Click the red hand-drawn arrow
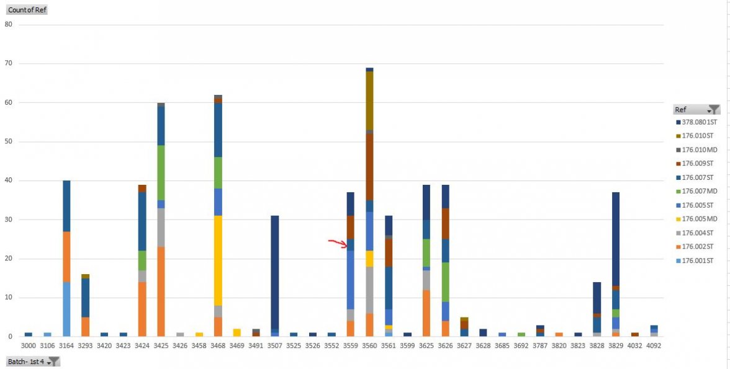coord(338,242)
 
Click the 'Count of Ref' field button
coord(27,10)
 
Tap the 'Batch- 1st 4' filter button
coord(33,361)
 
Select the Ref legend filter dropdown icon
coord(713,110)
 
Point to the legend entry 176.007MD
coord(700,190)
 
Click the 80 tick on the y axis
coord(8,25)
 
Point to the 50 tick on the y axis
coord(8,141)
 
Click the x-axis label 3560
coord(369,345)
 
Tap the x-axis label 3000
coord(29,345)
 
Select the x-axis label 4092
coord(653,345)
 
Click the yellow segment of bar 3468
coord(218,260)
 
